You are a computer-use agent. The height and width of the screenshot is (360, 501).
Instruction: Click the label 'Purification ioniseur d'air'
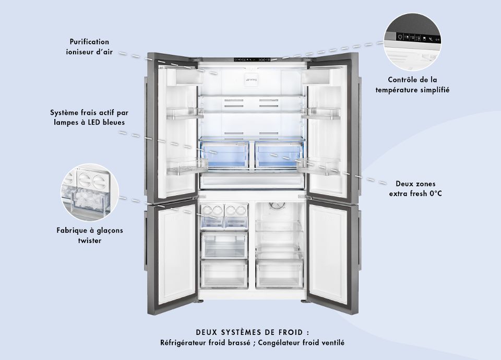(90, 46)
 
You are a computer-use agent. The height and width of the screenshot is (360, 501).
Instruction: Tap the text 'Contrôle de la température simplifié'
(412, 85)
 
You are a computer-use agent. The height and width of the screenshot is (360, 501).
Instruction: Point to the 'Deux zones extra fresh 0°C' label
(415, 189)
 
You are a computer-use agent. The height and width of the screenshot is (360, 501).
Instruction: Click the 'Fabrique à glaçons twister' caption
(90, 235)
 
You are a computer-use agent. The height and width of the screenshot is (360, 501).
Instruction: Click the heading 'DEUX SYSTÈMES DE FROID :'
(252, 332)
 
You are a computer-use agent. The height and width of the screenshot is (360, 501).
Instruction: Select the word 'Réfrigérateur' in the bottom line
(183, 343)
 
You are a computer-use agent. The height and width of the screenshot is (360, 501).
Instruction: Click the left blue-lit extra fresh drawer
(224, 153)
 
